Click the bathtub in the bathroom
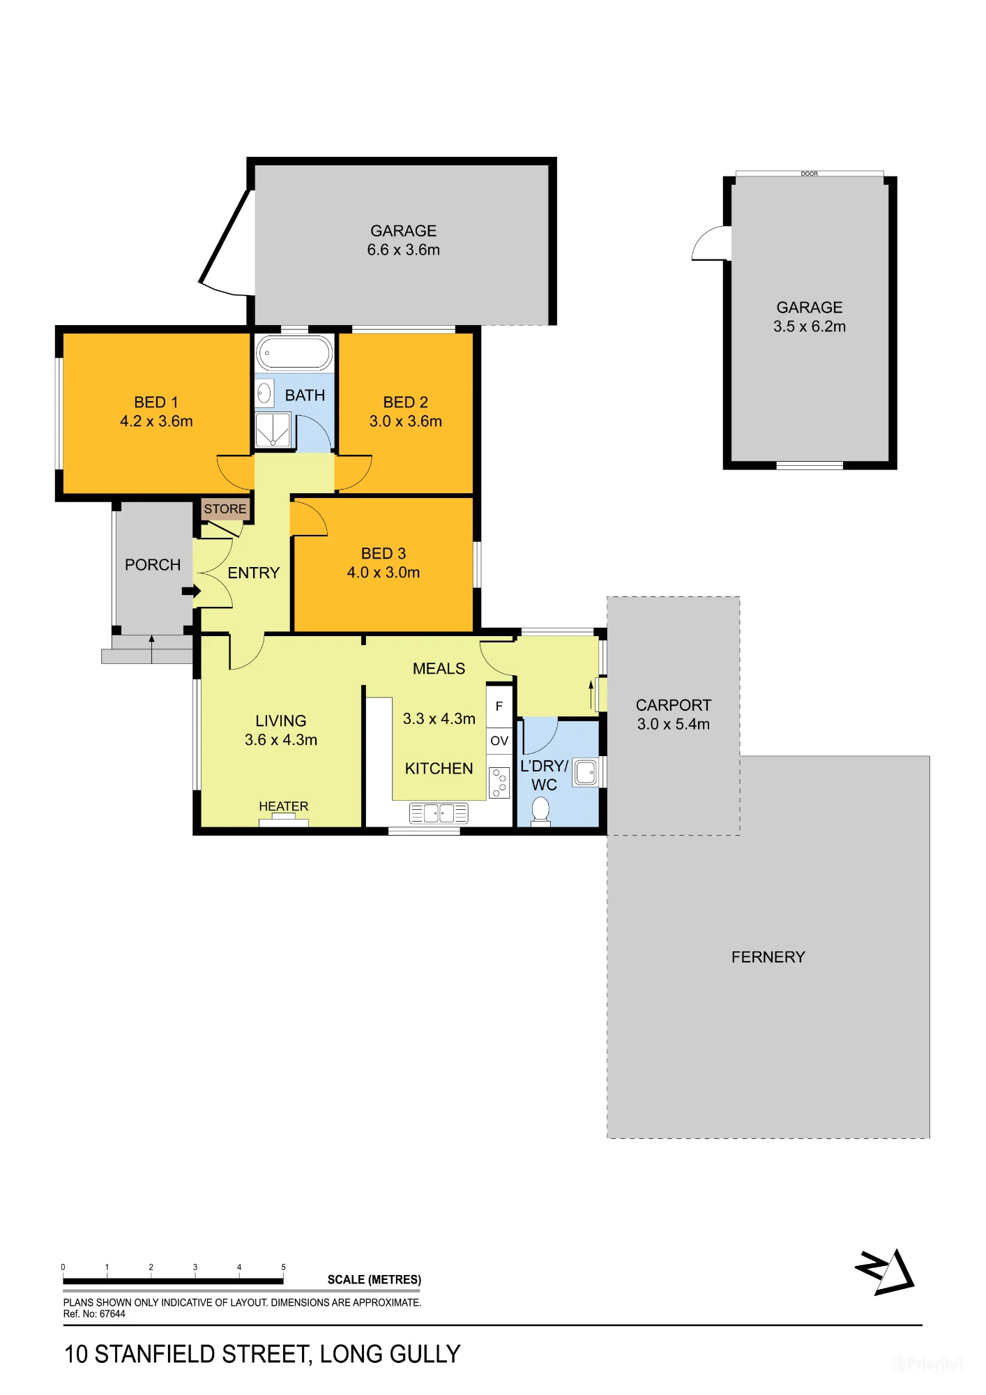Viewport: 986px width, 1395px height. [294, 353]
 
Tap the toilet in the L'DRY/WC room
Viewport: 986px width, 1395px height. [540, 812]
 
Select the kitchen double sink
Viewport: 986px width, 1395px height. [439, 813]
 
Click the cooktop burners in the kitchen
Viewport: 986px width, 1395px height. [499, 783]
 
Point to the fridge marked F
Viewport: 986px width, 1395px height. [499, 707]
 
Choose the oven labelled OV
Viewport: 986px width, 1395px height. [499, 741]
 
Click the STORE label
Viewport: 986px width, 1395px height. [225, 509]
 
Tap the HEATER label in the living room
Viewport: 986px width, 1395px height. [283, 806]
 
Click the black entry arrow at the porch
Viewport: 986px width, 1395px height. [191, 591]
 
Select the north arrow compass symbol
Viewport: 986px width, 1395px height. [886, 1272]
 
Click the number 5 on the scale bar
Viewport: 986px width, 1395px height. [283, 1267]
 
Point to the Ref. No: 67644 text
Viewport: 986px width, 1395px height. [94, 1314]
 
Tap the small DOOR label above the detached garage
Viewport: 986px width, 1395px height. [810, 174]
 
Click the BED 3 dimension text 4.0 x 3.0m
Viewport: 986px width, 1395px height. [384, 573]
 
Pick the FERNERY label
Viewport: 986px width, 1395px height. [768, 957]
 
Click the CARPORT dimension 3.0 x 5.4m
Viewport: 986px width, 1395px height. [674, 724]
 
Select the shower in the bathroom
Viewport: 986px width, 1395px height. [273, 430]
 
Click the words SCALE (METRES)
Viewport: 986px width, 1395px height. [374, 1280]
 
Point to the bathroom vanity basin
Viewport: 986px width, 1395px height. [264, 393]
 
